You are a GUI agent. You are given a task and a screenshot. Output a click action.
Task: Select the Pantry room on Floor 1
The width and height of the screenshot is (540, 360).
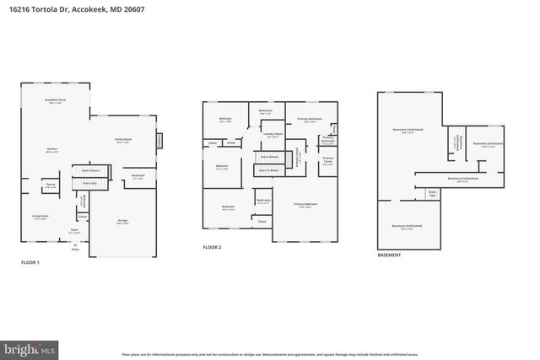(51, 184)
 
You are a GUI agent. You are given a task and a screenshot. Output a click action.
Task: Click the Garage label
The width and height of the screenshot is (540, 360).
(123, 222)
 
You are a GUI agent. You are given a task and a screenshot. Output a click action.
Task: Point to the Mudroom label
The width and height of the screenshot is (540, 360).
(138, 176)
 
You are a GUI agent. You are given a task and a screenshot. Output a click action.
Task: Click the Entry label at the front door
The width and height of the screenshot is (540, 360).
(75, 250)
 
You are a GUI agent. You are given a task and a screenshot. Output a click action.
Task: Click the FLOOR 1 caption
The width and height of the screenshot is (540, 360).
(30, 263)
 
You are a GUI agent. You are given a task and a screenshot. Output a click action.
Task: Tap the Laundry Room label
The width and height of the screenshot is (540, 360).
(272, 134)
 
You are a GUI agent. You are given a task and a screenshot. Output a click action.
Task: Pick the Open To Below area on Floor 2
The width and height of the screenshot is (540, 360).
(269, 169)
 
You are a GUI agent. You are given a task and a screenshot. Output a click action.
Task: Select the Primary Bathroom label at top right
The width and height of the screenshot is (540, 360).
(309, 121)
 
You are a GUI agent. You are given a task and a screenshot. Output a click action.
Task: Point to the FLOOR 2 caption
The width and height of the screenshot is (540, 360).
(212, 247)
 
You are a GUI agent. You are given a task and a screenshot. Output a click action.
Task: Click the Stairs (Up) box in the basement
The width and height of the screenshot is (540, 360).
(432, 193)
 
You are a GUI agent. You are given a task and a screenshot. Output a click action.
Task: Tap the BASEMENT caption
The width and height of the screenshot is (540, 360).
(389, 255)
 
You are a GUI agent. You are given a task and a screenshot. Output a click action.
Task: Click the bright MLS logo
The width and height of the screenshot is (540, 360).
(30, 347)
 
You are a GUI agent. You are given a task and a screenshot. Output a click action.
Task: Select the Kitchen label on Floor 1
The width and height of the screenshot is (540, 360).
(52, 151)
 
